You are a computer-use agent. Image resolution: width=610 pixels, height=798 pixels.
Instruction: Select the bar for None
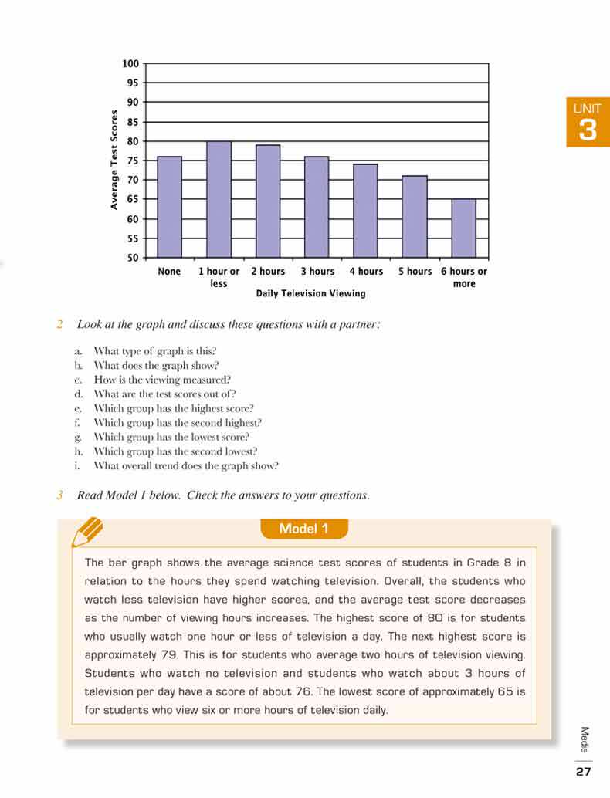click(x=170, y=207)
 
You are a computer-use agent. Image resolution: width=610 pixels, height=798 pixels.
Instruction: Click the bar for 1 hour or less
click(x=219, y=199)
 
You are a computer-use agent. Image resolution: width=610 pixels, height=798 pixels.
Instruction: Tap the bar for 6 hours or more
click(x=463, y=228)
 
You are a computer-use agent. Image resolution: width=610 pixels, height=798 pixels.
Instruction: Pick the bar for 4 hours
click(x=365, y=211)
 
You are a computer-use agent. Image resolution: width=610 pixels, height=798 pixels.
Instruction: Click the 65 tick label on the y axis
click(x=132, y=200)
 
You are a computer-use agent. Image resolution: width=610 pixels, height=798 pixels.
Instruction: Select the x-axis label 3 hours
click(x=317, y=272)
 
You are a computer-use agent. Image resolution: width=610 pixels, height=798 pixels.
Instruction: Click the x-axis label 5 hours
click(x=415, y=272)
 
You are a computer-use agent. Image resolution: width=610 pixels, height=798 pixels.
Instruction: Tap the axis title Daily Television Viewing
click(x=310, y=293)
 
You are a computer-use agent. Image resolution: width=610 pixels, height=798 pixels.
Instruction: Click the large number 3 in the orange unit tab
click(x=588, y=130)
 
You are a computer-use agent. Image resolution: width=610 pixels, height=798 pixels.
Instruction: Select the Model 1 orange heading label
click(x=304, y=529)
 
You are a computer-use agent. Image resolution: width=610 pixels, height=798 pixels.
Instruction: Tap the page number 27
click(x=583, y=771)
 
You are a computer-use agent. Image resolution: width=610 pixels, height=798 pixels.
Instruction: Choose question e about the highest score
click(x=174, y=408)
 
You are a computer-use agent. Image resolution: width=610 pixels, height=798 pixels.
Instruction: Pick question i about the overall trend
click(x=185, y=466)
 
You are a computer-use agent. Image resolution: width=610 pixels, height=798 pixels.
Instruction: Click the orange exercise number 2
click(x=59, y=324)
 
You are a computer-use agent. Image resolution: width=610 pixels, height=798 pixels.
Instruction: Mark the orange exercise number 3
click(x=59, y=495)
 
